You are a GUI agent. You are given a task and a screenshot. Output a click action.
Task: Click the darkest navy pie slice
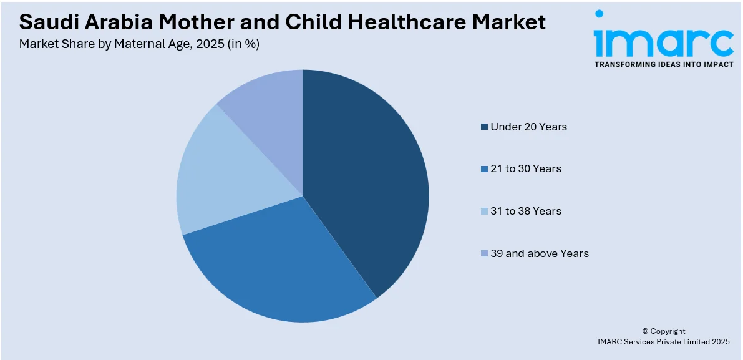368,181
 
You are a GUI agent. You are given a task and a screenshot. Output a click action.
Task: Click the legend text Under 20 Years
528,127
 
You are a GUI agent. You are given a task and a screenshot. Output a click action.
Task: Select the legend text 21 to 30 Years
526,168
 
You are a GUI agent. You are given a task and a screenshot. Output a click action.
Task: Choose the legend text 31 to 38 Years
526,211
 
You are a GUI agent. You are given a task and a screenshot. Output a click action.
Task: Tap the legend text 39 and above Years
540,253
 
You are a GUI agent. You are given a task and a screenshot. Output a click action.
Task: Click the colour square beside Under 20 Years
484,127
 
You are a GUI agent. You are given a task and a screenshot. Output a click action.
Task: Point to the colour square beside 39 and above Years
484,254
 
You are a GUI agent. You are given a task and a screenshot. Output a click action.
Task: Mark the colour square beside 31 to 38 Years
484,212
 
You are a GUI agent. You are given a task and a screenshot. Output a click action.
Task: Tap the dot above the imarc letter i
599,14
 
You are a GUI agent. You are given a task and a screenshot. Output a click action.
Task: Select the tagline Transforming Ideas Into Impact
663,64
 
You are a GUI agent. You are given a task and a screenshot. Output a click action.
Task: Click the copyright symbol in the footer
645,331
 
